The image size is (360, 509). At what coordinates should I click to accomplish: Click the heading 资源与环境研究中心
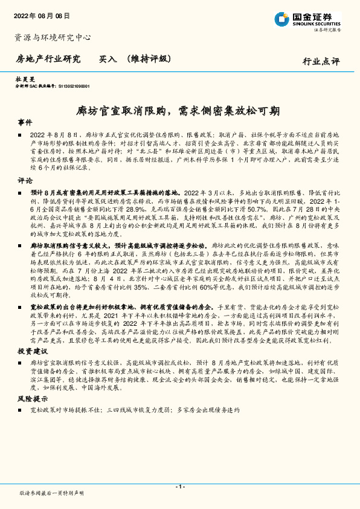(x=53, y=37)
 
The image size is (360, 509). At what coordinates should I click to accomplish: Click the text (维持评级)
(x=149, y=59)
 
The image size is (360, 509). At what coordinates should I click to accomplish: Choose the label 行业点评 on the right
(x=321, y=61)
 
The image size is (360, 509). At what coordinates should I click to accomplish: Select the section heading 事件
(x=25, y=122)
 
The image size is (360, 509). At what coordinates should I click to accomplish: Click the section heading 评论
(x=25, y=180)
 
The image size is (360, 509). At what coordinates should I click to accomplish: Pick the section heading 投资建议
(x=31, y=351)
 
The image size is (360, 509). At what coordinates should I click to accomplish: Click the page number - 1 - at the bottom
(x=179, y=487)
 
